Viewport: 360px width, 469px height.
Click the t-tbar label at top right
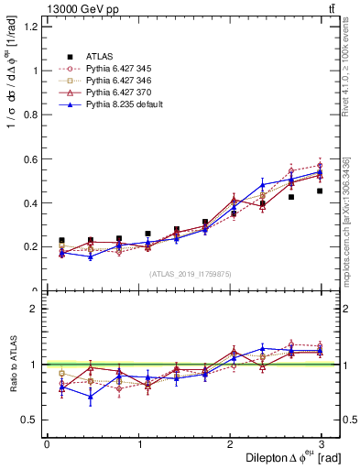tap(331, 10)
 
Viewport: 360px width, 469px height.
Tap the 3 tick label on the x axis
tap(321, 443)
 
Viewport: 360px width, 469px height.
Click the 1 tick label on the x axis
tap(138, 443)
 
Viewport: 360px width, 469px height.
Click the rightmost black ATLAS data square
tap(320, 191)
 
